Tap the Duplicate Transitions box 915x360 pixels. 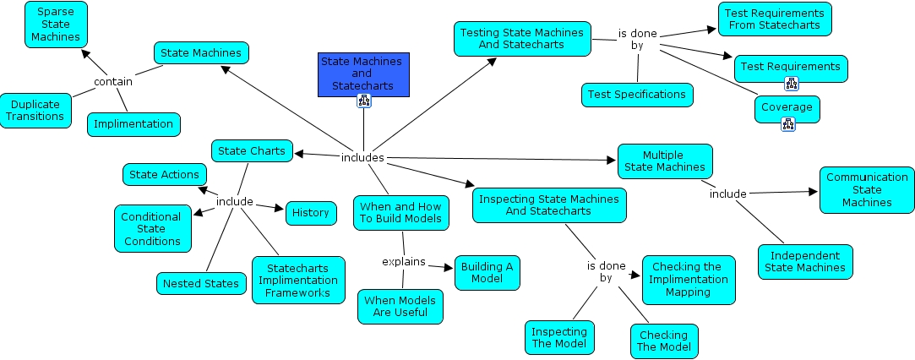click(36, 111)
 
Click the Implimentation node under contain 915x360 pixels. click(133, 124)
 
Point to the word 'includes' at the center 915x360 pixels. click(362, 158)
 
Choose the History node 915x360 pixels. click(311, 213)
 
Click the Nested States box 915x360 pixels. click(199, 283)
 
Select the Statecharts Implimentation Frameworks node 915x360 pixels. click(298, 280)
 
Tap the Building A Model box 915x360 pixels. click(487, 272)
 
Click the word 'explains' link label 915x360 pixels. click(404, 261)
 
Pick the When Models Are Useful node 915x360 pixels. click(400, 306)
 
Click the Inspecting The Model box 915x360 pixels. click(559, 337)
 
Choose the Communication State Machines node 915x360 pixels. click(867, 189)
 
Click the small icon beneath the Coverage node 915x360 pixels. click(788, 124)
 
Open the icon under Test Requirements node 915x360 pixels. click(792, 83)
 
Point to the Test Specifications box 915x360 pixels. click(637, 95)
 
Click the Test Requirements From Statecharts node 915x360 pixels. click(775, 19)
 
